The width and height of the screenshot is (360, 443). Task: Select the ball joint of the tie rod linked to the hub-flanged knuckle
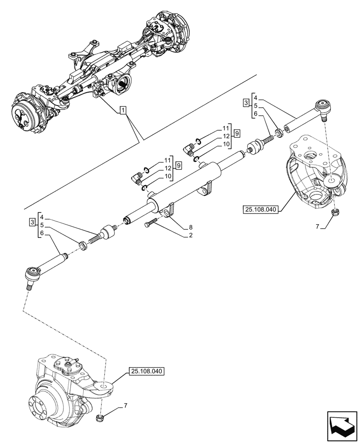click(32, 273)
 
